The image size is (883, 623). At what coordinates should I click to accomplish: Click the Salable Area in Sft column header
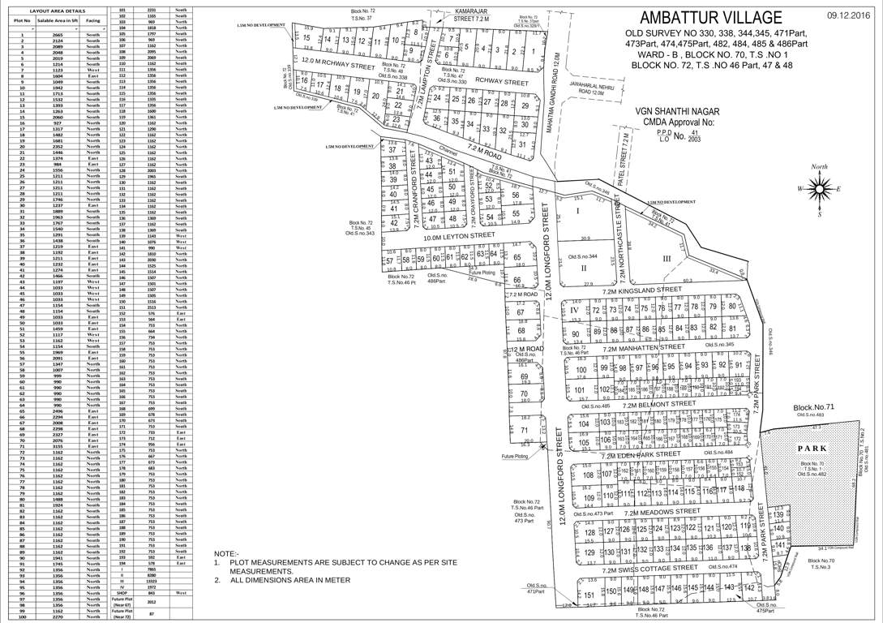tap(58, 19)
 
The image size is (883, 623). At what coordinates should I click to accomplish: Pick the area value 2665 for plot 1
tap(58, 36)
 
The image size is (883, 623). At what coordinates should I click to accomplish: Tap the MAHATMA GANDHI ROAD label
tap(560, 69)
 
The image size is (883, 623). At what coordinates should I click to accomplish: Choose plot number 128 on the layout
tap(589, 532)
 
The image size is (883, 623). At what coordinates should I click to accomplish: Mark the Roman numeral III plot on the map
tap(667, 259)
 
